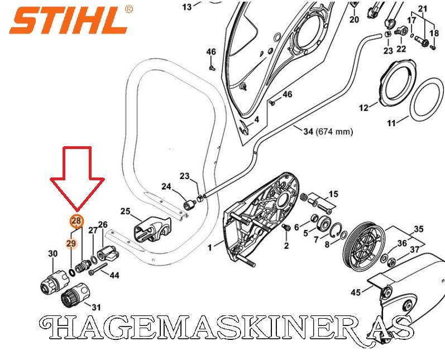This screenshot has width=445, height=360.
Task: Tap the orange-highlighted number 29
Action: click(71, 243)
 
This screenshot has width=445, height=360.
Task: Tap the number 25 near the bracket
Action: click(125, 211)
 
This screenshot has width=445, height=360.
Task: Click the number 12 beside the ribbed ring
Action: click(363, 108)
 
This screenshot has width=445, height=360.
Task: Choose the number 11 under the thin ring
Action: click(391, 123)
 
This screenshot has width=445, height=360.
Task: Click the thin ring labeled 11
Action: click(428, 98)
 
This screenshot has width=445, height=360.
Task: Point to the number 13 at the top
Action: click(186, 7)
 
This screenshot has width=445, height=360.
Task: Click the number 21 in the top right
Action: click(422, 8)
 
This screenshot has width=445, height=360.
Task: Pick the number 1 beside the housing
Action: click(210, 246)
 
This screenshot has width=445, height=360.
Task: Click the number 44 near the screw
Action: click(114, 275)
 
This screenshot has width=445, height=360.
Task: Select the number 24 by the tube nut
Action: click(166, 186)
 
